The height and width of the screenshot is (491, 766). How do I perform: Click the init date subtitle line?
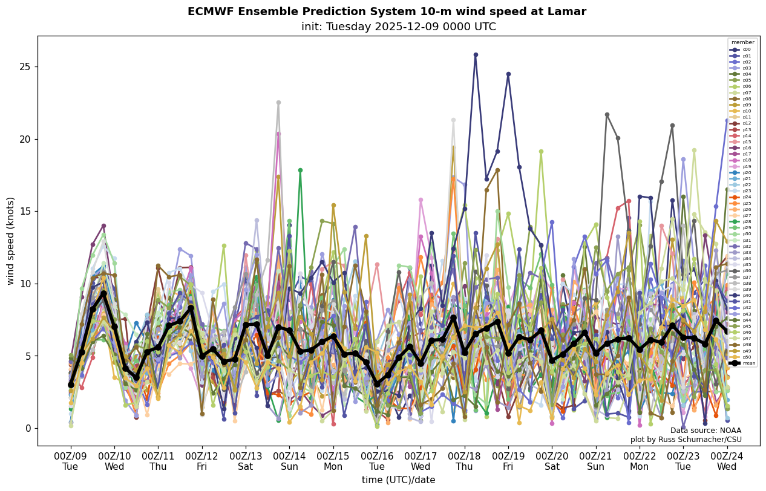pos(398,27)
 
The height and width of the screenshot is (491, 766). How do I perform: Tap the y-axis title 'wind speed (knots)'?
pos(10,241)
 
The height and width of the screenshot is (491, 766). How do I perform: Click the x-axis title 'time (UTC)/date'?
pos(398,480)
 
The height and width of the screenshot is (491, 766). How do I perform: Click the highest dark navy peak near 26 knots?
pos(476,54)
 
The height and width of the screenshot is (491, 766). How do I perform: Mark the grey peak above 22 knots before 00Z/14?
pos(278,102)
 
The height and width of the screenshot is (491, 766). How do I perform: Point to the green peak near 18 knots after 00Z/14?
pos(300,171)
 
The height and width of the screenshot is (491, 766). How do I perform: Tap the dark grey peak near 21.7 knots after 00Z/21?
pos(607,114)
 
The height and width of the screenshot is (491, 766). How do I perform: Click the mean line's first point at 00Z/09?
pos(71,385)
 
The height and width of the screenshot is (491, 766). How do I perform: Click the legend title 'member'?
pos(743,42)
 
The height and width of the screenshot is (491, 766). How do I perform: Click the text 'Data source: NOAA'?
pos(705,431)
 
